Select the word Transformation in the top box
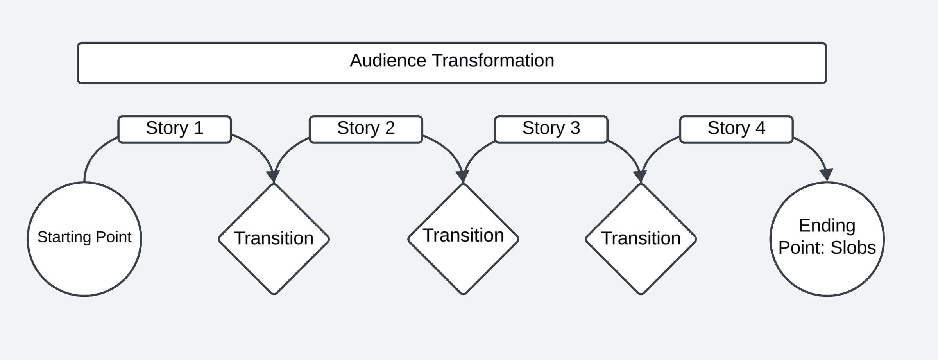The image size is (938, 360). pos(493,61)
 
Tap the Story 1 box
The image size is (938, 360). pos(175,129)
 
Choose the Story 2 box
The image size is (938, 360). pos(366,129)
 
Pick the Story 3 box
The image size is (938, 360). pos(551,129)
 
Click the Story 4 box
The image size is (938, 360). pos(736,129)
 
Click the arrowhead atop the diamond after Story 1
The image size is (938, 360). pos(274,177)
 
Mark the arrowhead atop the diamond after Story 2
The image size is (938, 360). pos(463,177)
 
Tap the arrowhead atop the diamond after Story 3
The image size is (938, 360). pos(641,177)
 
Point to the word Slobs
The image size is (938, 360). pos(853,248)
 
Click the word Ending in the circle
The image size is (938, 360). pos(827,226)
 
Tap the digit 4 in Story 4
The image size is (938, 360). pos(760,128)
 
